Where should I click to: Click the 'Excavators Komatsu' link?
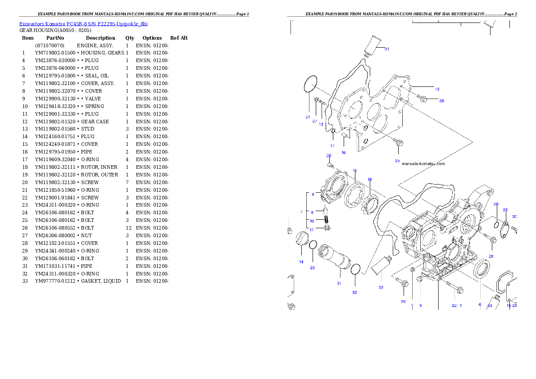(x=42, y=24)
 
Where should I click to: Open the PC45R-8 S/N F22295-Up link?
(x=107, y=24)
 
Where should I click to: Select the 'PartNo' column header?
(x=55, y=38)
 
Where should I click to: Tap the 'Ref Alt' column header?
(x=179, y=38)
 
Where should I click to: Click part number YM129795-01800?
(x=55, y=76)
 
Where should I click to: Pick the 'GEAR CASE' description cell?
(x=95, y=122)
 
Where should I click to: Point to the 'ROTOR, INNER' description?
(x=99, y=167)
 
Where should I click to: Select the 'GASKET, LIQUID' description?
(x=101, y=281)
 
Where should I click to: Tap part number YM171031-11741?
(x=55, y=266)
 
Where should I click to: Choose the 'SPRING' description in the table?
(x=94, y=106)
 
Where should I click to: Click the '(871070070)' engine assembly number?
(x=50, y=45)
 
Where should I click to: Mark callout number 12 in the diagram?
(x=437, y=89)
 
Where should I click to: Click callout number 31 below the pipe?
(x=339, y=283)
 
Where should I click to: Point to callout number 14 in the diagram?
(x=301, y=262)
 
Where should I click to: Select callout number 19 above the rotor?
(x=355, y=171)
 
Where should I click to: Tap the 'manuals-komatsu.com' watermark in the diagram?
(x=423, y=164)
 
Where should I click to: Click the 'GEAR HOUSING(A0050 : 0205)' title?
(x=55, y=31)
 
